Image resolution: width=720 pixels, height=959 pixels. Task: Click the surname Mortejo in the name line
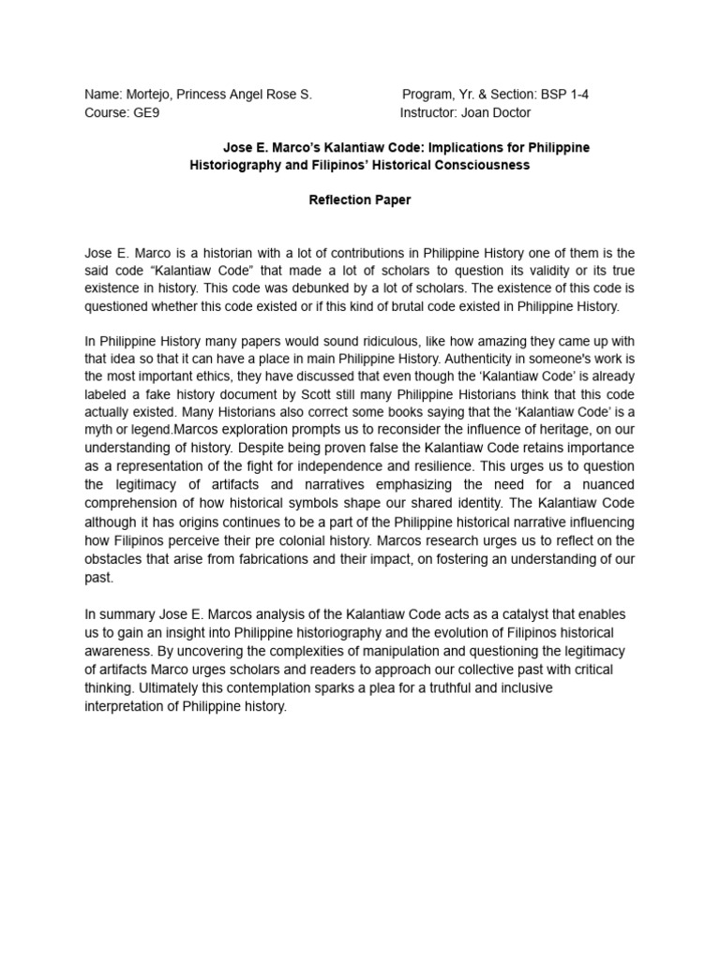tap(150, 95)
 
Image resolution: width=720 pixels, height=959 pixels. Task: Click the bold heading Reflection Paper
tap(360, 200)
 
